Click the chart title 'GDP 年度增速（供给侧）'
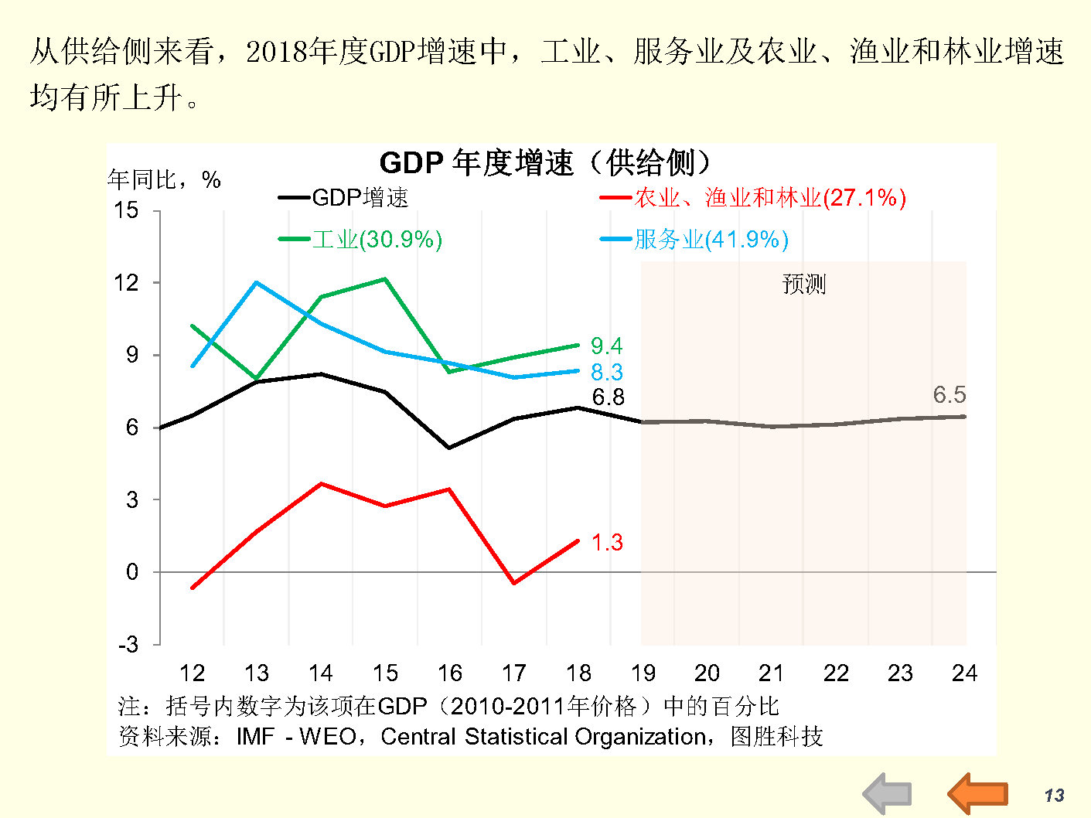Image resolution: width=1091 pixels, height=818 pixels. [x=544, y=163]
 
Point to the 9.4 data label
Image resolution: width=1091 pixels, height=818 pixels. [x=606, y=346]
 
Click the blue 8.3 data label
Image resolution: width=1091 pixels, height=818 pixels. [x=606, y=372]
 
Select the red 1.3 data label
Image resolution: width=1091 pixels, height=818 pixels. [x=607, y=543]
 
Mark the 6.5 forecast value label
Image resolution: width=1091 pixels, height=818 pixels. [x=949, y=395]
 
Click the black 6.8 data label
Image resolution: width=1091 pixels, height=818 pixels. [x=608, y=397]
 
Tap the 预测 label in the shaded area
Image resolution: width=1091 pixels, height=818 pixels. [x=803, y=284]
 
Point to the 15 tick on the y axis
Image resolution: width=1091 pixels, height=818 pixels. [x=126, y=210]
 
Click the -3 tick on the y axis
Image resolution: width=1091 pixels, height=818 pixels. [x=128, y=644]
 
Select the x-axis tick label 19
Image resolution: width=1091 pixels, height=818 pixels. [x=643, y=673]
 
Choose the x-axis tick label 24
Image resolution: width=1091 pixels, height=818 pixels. [x=964, y=673]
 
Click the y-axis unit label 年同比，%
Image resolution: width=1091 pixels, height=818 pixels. [x=164, y=180]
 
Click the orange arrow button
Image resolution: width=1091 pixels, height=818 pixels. [x=977, y=793]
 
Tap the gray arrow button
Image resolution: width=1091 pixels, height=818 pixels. [x=887, y=793]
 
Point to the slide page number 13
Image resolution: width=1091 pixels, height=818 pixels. [x=1054, y=796]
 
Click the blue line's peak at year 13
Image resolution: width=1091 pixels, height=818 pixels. [x=256, y=282]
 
